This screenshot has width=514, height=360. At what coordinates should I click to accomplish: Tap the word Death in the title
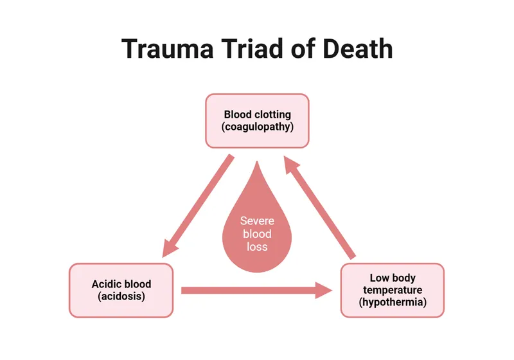358,50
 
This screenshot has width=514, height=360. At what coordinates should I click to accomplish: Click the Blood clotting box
257,120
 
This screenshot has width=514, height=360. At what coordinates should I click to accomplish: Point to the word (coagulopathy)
257,127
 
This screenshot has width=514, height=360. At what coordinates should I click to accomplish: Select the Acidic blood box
121,290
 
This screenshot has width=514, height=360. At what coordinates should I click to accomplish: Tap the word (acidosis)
121,296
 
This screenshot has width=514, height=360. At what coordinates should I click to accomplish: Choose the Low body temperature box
392,290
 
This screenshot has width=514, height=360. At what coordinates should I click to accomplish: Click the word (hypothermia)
393,302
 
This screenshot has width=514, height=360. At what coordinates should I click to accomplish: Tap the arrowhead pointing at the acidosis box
170,248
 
